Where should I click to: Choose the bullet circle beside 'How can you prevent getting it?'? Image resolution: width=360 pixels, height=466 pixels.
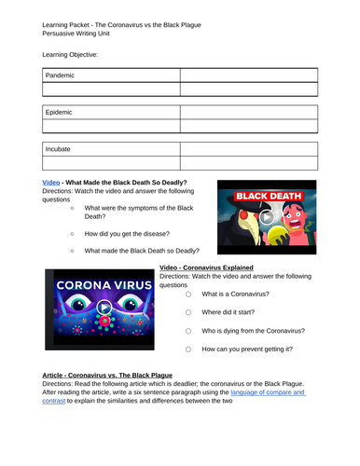187,349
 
